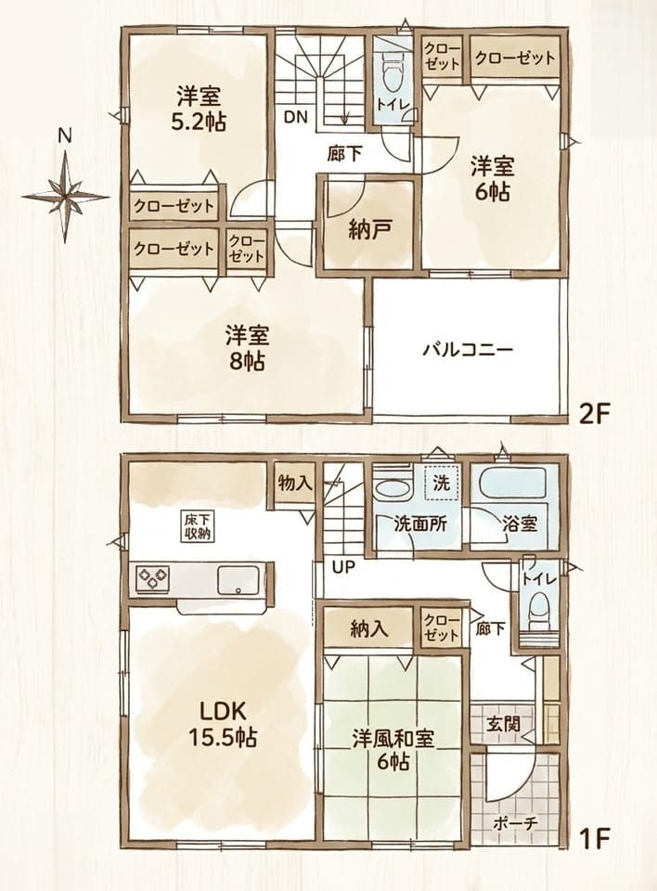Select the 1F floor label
pyautogui.click(x=594, y=854)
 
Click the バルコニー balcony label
pyautogui.click(x=468, y=348)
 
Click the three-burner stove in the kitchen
pyautogui.click(x=151, y=579)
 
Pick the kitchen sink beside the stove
pyautogui.click(x=239, y=579)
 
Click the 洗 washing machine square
pyautogui.click(x=441, y=483)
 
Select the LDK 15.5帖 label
pyautogui.click(x=222, y=722)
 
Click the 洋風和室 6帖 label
pyautogui.click(x=393, y=750)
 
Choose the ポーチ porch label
pyautogui.click(x=515, y=824)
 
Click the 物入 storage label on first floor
pyautogui.click(x=295, y=483)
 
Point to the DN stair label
pyautogui.click(x=295, y=118)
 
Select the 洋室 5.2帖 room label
pyautogui.click(x=199, y=109)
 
